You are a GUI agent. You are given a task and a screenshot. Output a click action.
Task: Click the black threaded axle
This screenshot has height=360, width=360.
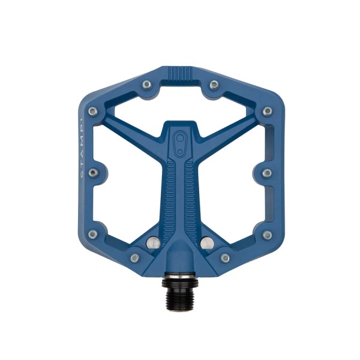(179, 287)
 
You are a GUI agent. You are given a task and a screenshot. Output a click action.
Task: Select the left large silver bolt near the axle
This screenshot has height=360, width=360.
(152, 242)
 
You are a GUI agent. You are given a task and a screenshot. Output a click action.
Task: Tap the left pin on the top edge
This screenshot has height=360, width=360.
(146, 85)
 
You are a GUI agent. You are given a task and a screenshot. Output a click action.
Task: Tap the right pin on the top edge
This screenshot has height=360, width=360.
(213, 85)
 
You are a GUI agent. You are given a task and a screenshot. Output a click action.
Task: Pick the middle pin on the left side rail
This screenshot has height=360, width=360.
(92, 173)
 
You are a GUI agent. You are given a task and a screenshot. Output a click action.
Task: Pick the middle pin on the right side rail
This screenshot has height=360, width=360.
(267, 173)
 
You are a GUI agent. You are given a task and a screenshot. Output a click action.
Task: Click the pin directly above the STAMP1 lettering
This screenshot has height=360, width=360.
(92, 112)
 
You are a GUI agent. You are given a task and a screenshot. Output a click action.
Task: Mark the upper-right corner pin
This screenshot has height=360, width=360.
(268, 112)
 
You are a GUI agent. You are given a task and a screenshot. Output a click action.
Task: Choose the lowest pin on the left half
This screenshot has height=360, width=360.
(135, 258)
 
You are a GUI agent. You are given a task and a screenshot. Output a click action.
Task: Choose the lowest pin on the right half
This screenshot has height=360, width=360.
(225, 258)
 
